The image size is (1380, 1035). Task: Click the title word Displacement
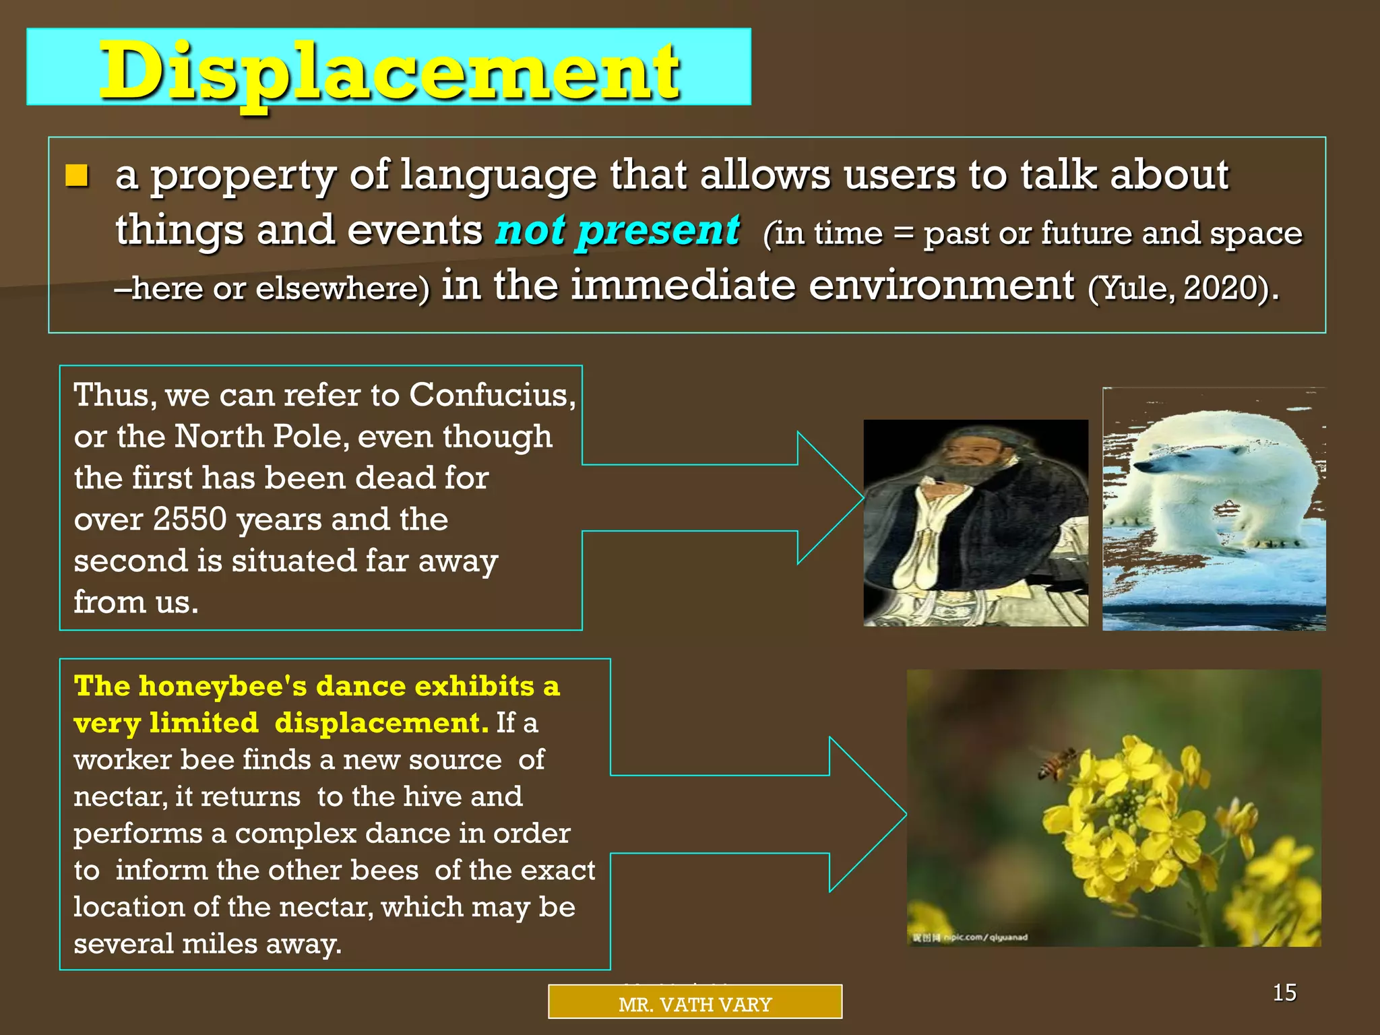(389, 71)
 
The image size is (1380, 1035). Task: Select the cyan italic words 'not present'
(617, 230)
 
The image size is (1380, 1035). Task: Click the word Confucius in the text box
(491, 395)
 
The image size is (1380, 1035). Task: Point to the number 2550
(189, 520)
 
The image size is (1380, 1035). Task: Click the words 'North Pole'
(261, 437)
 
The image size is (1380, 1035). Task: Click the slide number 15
(1284, 993)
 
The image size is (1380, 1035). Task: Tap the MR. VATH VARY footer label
(695, 1004)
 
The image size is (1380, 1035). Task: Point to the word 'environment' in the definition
(941, 285)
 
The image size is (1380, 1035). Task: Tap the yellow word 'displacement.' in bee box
(381, 723)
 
